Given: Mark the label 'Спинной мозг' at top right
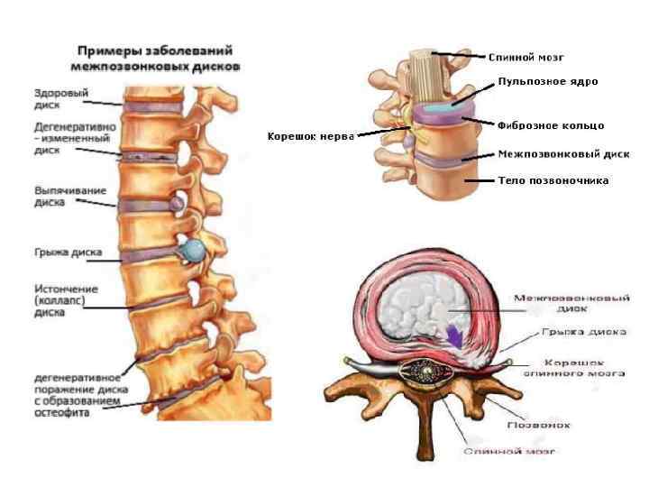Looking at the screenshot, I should coord(526,58).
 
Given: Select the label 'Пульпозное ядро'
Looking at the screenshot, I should coord(548,81).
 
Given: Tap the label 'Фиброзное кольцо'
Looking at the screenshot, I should coord(550,125).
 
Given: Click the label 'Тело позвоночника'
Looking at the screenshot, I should coord(553,180).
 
